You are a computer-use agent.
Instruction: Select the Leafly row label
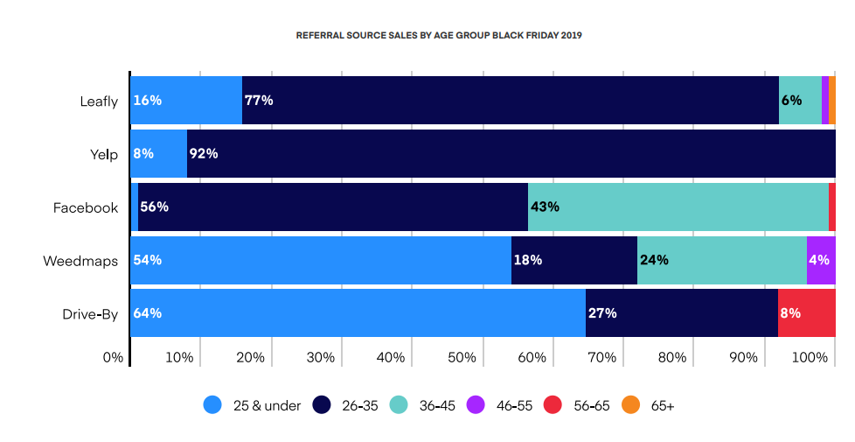(98, 101)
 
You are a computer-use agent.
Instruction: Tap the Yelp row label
(104, 154)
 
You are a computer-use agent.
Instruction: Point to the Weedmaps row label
(80, 261)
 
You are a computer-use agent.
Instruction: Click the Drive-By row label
(89, 313)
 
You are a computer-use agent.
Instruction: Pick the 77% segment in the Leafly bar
(510, 101)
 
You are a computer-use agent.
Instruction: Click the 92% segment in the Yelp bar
(511, 154)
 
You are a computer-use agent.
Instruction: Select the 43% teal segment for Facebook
(678, 207)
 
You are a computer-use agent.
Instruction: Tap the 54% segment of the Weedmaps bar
(320, 261)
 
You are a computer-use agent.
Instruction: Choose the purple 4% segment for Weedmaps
(820, 261)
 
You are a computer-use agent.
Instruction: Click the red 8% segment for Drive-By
(806, 313)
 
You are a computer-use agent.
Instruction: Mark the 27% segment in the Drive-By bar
(681, 313)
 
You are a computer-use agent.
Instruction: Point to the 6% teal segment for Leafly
(799, 101)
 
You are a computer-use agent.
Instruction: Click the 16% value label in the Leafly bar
(147, 101)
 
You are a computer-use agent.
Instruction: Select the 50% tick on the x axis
(461, 357)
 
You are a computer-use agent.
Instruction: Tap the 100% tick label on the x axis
(810, 357)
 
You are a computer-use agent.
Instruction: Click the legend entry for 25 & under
(253, 405)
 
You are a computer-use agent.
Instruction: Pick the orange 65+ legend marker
(630, 405)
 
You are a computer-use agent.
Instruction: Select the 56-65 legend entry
(576, 405)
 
